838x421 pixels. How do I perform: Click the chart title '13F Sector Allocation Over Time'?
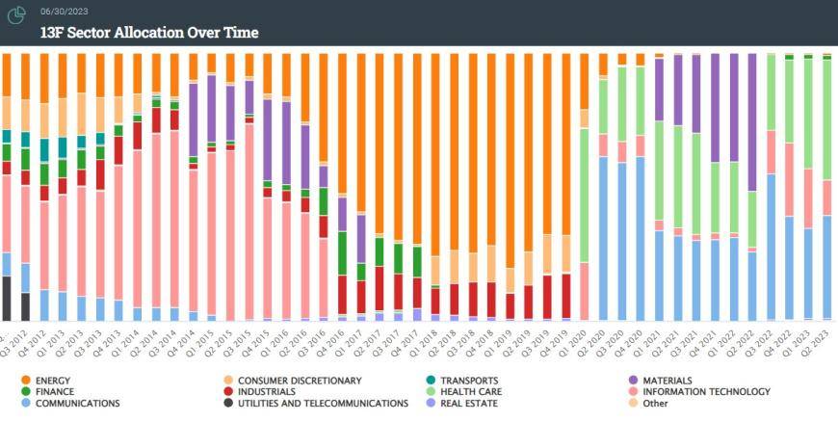coord(149,32)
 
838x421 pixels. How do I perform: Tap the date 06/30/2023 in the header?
coord(64,11)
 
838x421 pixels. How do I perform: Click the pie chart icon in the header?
coord(16,15)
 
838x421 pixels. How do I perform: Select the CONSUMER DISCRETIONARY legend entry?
coord(300,381)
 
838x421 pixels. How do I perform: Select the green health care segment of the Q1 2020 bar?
coord(584,193)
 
